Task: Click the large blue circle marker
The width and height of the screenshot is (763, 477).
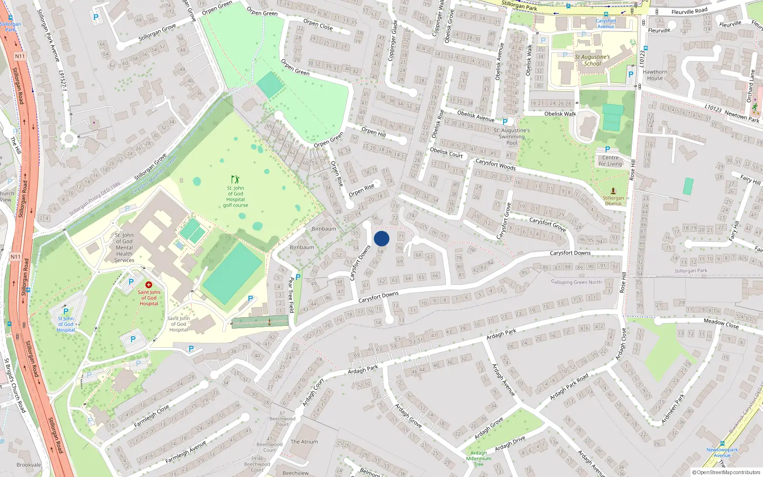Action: point(381,238)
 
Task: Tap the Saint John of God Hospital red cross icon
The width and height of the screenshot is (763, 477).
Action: point(149,285)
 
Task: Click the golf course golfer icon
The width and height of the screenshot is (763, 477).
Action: point(235,179)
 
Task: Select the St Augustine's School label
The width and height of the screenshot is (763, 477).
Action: point(592,60)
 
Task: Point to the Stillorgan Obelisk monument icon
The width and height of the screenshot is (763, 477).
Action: point(613,191)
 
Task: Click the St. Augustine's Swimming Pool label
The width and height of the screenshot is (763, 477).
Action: point(512,136)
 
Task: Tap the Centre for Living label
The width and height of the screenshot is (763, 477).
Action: point(610,161)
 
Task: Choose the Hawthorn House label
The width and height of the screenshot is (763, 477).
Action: point(655,75)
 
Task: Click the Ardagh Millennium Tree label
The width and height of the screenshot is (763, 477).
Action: point(478,458)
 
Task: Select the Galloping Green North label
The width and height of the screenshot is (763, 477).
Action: point(576,282)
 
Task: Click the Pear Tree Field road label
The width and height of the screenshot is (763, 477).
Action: point(291,295)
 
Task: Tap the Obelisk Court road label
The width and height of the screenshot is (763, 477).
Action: point(446,153)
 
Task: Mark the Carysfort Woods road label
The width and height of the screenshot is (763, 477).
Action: point(495,164)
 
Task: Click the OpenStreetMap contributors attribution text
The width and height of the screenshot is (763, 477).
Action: point(726,473)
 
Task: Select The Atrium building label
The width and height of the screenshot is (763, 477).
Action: point(304,442)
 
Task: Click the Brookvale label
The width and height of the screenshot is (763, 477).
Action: point(29,465)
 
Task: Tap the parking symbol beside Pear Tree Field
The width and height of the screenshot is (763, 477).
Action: point(298,277)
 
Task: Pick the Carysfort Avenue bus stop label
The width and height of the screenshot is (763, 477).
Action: point(606,23)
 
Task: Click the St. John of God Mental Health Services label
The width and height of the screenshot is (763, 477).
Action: point(124,248)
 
